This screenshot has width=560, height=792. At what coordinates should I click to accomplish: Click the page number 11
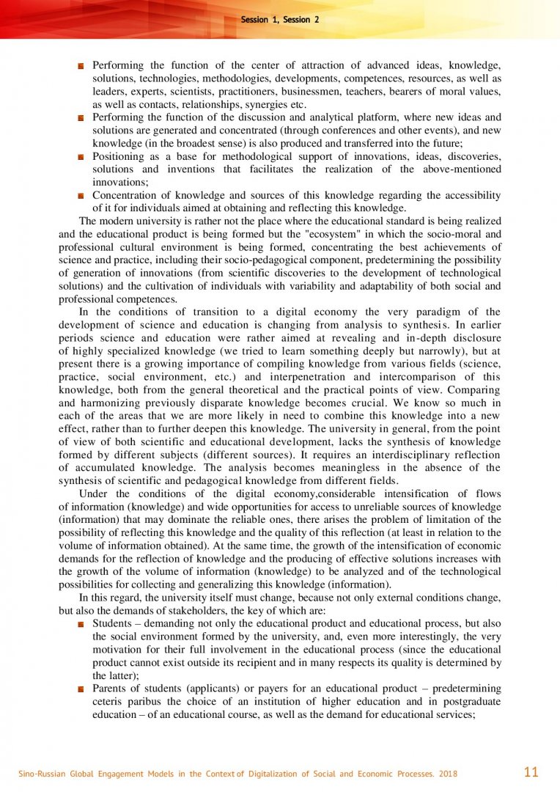pyautogui.click(x=531, y=771)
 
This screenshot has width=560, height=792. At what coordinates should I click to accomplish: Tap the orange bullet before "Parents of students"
pyautogui.click(x=82, y=689)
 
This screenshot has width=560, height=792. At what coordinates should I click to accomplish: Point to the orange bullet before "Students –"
pyautogui.click(x=82, y=623)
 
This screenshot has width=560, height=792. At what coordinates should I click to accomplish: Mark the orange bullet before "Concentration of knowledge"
pyautogui.click(x=82, y=196)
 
